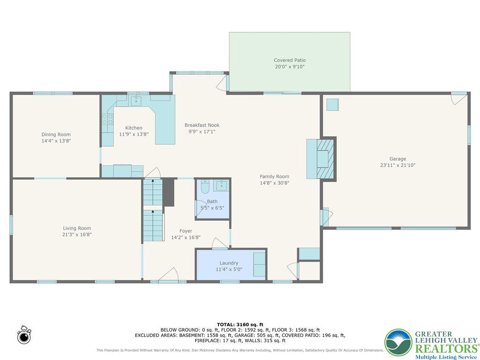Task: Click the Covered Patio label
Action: [x=289, y=60]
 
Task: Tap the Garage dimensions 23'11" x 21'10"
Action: [x=397, y=165]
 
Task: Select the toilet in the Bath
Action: [x=204, y=187]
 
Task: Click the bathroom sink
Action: [x=221, y=186]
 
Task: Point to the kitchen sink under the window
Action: [x=136, y=99]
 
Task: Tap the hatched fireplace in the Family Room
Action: [x=325, y=158]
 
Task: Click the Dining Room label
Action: [x=56, y=135]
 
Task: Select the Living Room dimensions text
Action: [x=76, y=234]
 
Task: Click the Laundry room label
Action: [x=229, y=263]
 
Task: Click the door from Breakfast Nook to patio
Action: [x=221, y=84]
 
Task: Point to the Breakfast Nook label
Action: [x=202, y=125]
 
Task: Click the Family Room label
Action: [x=274, y=177]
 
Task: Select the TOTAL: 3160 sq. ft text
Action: [x=240, y=324]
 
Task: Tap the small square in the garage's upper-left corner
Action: [x=332, y=104]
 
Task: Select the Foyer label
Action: [x=186, y=231]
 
